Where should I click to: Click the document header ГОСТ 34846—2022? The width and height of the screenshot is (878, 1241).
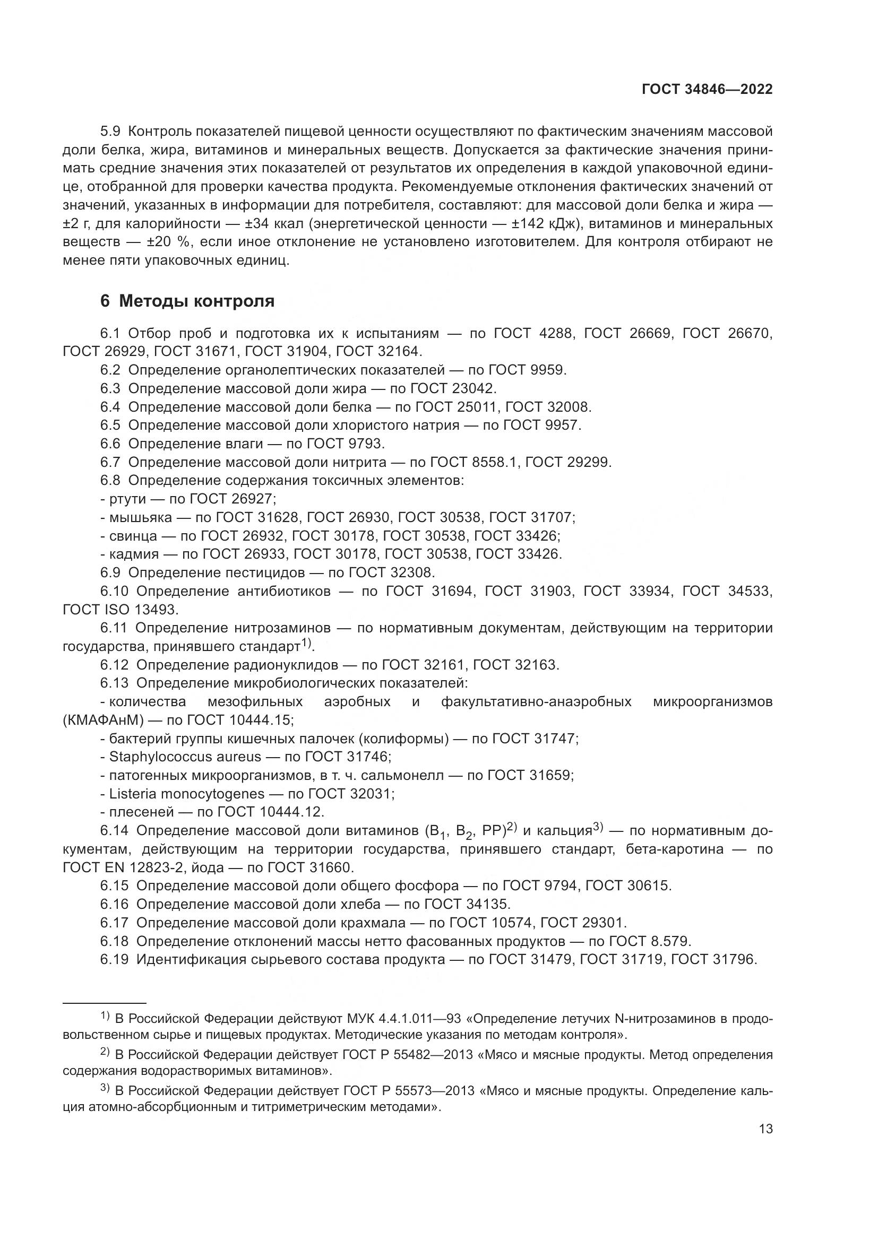[x=707, y=90]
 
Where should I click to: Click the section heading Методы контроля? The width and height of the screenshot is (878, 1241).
[x=196, y=301]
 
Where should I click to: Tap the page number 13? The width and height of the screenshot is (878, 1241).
[x=765, y=1129]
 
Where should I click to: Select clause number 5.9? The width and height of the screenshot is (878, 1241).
[x=110, y=132]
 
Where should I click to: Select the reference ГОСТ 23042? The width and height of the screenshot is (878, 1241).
[x=452, y=388]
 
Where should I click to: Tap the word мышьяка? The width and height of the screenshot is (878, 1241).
[x=140, y=517]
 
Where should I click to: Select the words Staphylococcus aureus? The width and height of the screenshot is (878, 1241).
[x=185, y=757]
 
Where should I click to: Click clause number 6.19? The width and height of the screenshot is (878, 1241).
[x=114, y=959]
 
